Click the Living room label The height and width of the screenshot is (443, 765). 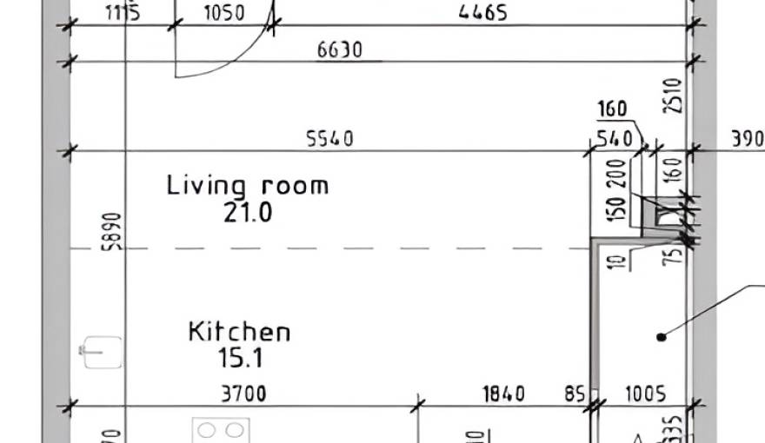(248, 185)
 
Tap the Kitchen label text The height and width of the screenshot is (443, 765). (240, 332)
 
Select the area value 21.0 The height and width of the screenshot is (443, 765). (248, 212)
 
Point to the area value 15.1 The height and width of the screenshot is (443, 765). (240, 357)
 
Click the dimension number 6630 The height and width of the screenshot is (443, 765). (339, 50)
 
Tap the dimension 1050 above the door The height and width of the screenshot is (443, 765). (223, 13)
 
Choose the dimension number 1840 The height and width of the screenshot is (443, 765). (503, 394)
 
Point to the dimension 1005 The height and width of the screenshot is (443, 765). (645, 394)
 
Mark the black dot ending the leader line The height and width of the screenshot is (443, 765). (661, 335)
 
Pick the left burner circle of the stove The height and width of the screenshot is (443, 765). (209, 430)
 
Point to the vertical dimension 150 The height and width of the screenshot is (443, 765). (618, 207)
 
